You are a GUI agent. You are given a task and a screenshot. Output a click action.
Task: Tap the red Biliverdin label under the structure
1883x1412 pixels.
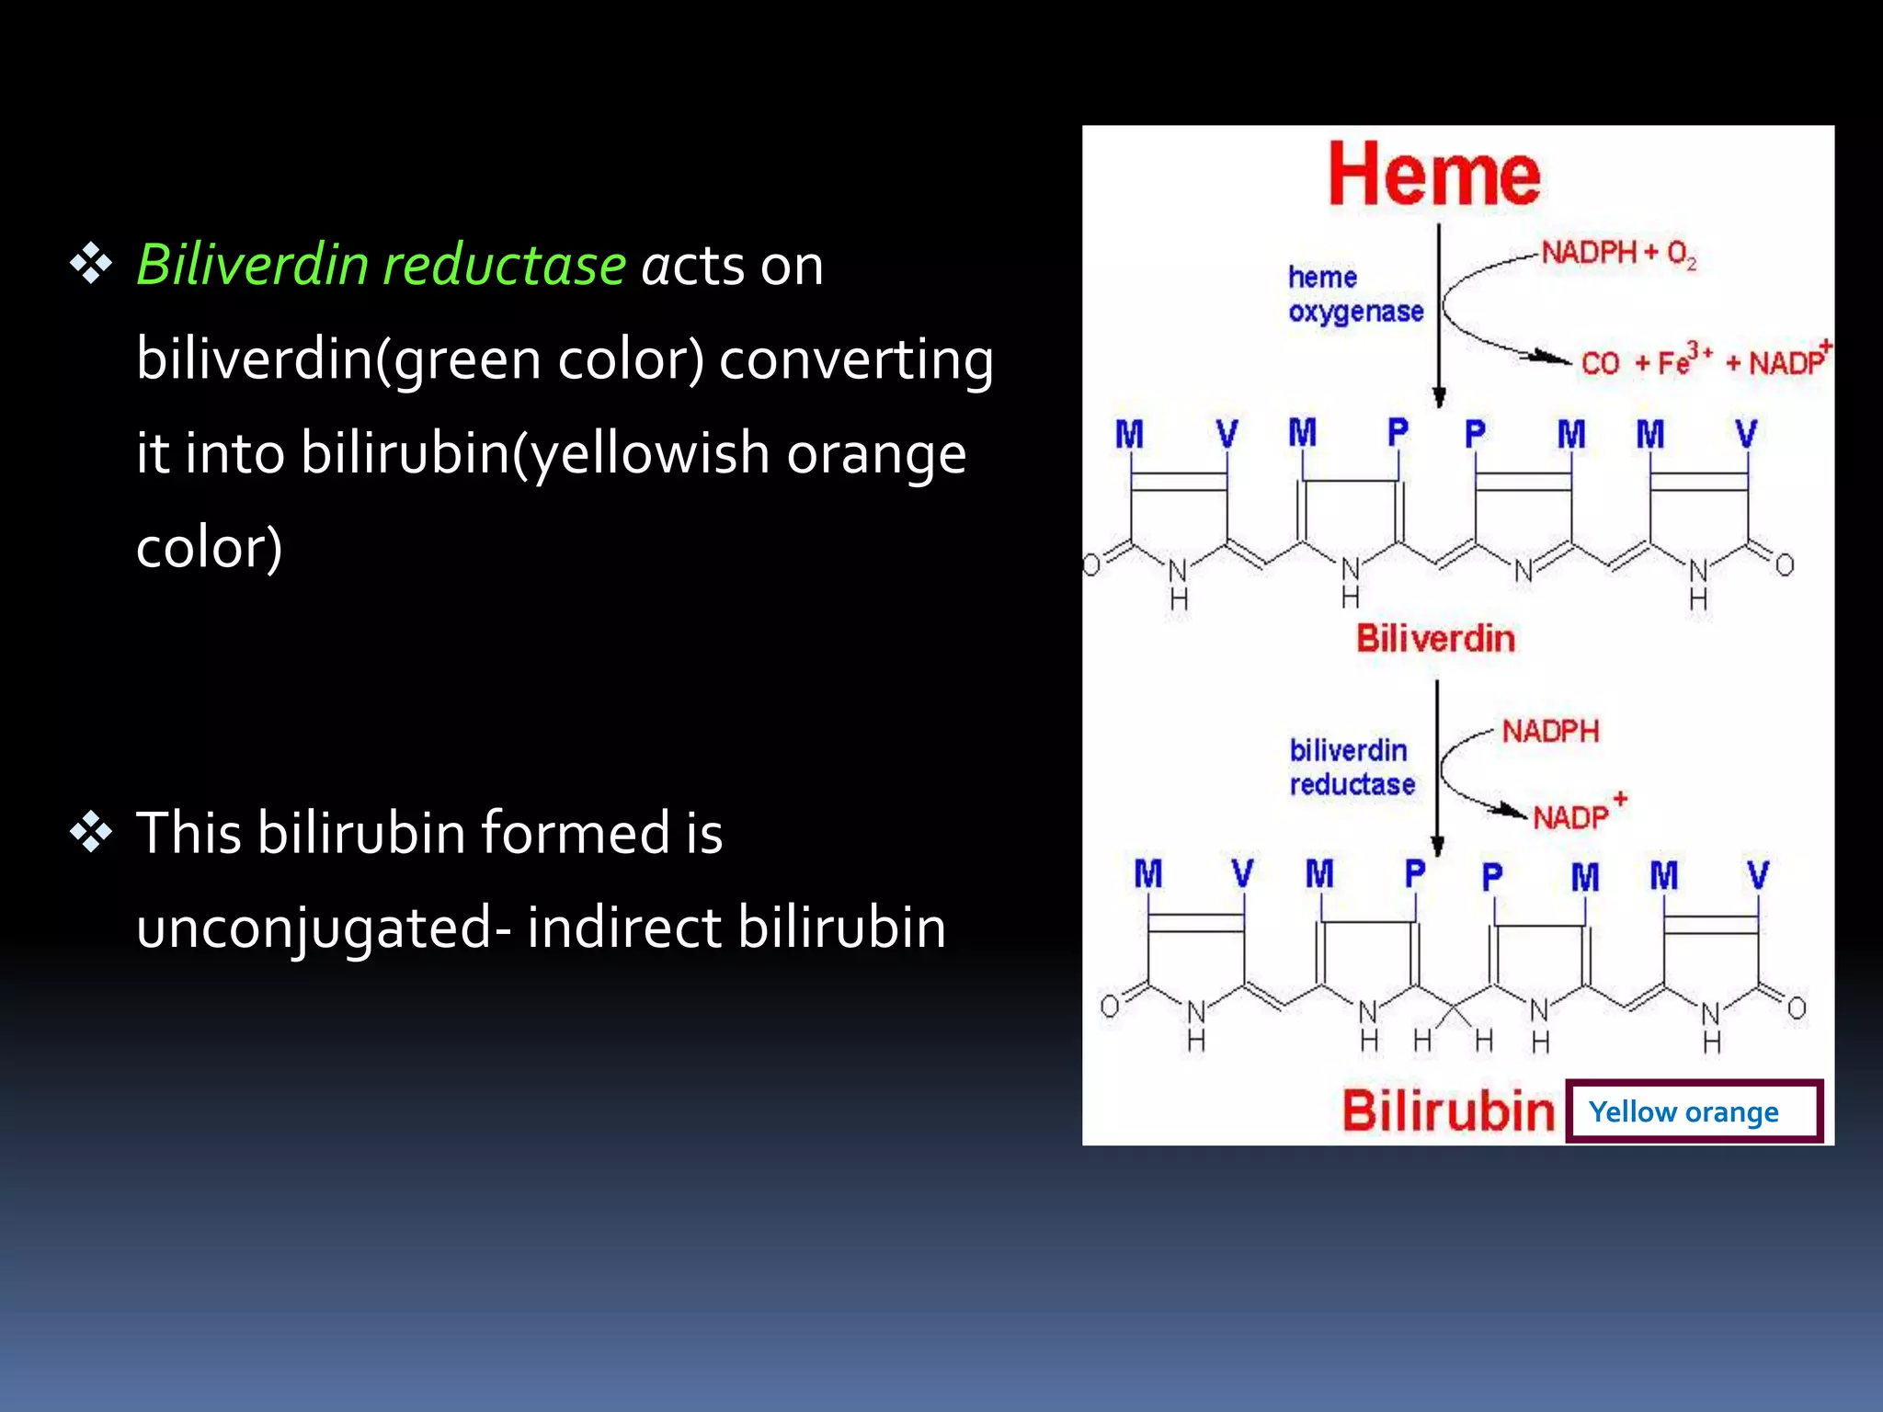coord(1435,638)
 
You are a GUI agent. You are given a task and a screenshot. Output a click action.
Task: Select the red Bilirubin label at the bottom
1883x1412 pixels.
coord(1447,1110)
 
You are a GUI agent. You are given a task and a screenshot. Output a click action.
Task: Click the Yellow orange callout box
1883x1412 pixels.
coord(1694,1111)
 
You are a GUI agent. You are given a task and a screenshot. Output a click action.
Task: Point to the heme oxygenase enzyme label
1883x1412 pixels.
coord(1354,294)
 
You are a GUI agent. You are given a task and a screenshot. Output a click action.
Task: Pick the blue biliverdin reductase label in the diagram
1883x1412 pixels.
coord(1352,768)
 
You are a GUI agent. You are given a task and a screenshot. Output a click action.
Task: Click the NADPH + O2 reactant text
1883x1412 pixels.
coord(1618,253)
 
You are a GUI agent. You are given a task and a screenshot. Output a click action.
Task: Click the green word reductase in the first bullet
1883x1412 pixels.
coord(505,265)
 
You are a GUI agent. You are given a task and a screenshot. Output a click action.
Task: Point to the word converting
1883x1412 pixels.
coord(856,359)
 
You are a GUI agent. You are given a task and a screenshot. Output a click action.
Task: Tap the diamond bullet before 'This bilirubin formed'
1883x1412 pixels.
coord(91,833)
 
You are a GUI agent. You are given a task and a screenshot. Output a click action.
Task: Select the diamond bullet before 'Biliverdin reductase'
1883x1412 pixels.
coord(91,265)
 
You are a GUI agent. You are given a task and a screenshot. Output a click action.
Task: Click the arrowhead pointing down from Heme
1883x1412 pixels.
coord(1439,396)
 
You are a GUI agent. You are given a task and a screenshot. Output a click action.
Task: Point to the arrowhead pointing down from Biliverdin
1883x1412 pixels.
coord(1438,846)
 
